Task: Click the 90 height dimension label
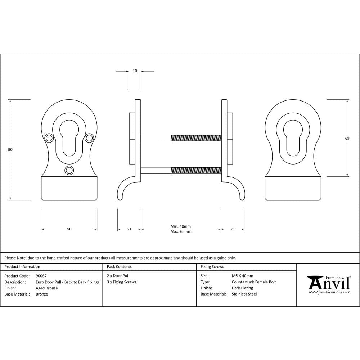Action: pos(10,149)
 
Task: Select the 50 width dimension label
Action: pos(69,229)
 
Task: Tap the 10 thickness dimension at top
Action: pos(135,71)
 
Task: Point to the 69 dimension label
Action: pos(347,138)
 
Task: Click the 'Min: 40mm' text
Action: pos(180,226)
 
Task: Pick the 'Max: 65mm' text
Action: pos(181,231)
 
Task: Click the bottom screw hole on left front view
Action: pos(69,170)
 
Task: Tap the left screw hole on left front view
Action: pos(48,138)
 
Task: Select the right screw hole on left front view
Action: pos(89,138)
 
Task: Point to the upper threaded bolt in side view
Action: pos(195,138)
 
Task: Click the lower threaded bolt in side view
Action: pos(195,170)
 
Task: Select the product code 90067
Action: pos(41,276)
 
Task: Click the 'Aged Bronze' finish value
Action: pos(46,288)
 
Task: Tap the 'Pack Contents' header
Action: pos(119,267)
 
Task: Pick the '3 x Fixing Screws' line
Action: pos(121,282)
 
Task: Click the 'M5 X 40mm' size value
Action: pos(242,276)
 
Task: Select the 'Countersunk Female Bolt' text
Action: pos(253,282)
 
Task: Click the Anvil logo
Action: pos(328,284)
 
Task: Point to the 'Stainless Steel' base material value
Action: pos(244,294)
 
